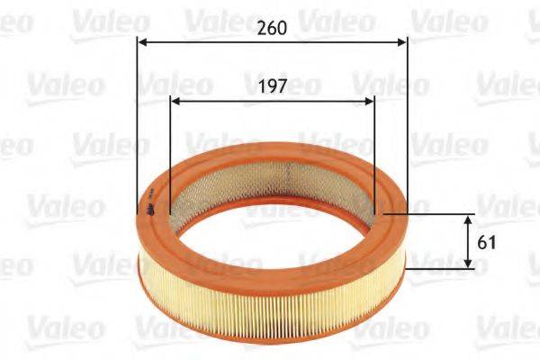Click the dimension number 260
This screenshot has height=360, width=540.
[271, 28]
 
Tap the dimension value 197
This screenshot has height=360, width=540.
[271, 87]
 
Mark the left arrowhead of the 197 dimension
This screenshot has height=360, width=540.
[175, 100]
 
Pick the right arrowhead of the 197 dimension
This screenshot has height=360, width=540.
[368, 100]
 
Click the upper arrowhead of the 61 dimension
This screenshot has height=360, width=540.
[468, 220]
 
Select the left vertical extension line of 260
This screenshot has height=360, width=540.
[137, 117]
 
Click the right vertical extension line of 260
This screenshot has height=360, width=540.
[407, 117]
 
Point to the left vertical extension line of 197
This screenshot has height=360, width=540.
[169, 153]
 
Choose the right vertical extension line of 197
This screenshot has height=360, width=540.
[373, 153]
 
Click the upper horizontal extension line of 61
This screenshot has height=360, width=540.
[432, 214]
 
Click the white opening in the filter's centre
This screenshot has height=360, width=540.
[270, 225]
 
